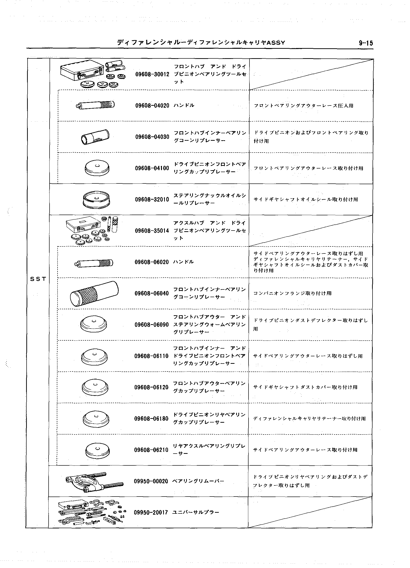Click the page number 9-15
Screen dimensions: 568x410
(366, 43)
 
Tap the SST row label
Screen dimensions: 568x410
(38, 279)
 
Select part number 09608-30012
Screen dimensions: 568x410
(152, 74)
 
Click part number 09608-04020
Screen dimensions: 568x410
(152, 105)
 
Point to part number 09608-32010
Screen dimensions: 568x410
(152, 199)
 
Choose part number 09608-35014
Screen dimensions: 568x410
(152, 231)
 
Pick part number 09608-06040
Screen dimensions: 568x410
(152, 293)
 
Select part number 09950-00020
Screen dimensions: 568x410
(151, 481)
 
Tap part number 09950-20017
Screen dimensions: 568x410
(151, 512)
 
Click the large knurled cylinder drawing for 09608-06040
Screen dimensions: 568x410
(94, 293)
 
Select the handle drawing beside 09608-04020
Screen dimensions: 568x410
(95, 105)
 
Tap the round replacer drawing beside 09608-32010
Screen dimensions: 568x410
(96, 200)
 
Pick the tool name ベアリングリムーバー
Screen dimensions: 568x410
(198, 481)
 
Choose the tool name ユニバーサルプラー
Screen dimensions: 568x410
(196, 512)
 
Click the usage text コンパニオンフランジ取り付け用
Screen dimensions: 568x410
(293, 293)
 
